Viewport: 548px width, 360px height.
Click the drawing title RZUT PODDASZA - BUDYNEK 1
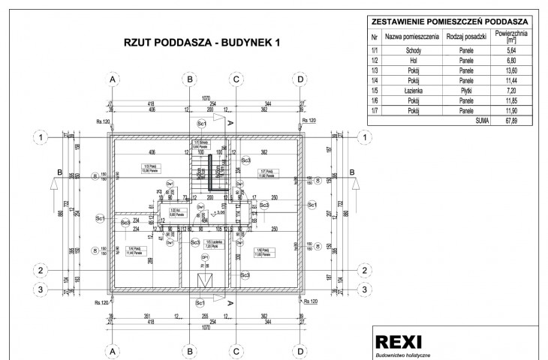202,43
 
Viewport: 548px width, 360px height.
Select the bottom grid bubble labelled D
300,350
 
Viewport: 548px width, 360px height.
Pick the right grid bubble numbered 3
364,289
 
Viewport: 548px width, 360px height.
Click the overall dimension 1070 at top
206,98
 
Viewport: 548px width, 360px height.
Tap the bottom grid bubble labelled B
191,350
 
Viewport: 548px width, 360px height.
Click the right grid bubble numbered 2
364,270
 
